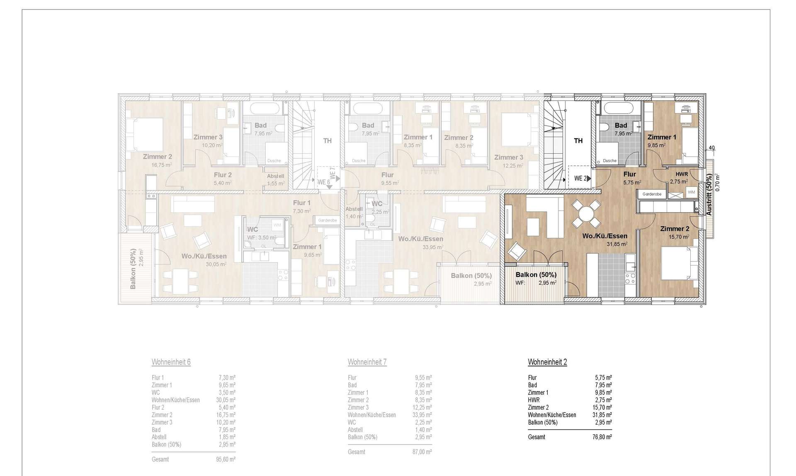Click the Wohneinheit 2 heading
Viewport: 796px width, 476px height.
547,362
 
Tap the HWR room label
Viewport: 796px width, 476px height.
682,174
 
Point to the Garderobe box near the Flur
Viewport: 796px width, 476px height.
652,194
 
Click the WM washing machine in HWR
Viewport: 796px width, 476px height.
691,192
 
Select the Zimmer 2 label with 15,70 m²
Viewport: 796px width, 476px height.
675,229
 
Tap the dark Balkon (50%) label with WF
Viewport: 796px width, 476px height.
536,275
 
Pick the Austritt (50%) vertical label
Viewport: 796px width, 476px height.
709,195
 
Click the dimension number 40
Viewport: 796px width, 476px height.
711,148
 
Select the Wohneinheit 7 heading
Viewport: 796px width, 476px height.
367,362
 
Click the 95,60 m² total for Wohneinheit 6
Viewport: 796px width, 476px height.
227,459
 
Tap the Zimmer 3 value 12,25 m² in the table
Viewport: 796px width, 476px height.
423,408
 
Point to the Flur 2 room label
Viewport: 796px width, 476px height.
223,175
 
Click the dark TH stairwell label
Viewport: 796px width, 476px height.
578,141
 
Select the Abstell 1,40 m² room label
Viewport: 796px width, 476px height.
354,209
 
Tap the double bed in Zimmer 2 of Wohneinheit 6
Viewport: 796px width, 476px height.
144,134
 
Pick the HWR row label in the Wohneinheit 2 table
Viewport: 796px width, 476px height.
534,400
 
